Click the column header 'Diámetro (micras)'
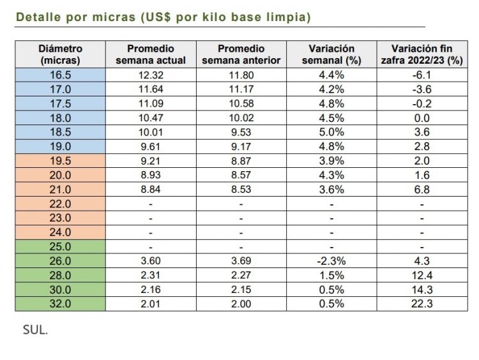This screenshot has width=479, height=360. coord(60,54)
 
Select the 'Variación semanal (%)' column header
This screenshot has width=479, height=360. coord(331,54)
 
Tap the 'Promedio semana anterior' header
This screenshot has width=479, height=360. coord(241,54)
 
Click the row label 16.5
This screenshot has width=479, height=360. coord(60,75)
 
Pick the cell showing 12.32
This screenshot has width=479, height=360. coord(150,75)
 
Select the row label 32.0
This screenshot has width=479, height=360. coord(60,304)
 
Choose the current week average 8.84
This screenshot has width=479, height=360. coord(150,190)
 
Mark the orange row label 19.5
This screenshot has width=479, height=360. coord(60,161)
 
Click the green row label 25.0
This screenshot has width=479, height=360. coord(60,246)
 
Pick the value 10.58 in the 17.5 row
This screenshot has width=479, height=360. coord(241,103)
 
